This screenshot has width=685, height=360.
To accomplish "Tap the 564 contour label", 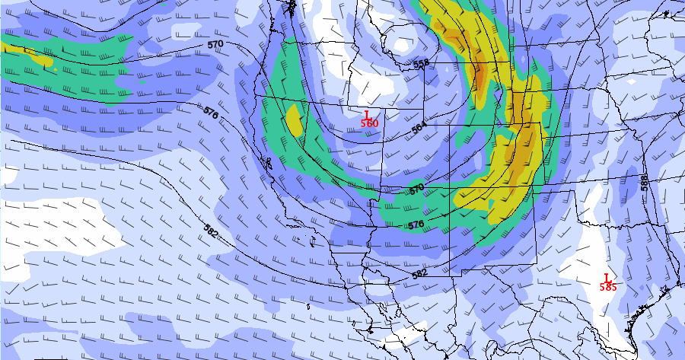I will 419,129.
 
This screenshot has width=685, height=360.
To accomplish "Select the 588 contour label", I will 645,183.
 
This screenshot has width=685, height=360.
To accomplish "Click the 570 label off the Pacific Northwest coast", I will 215,45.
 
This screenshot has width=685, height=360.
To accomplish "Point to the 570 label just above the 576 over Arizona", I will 416,188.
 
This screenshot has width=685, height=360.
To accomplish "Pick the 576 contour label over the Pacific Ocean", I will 211,112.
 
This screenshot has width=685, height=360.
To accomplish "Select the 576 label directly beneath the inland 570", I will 416,225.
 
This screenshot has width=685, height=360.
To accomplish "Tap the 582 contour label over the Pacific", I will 212,228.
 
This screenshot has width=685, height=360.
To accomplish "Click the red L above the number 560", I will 367,114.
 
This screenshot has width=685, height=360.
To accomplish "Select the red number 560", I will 369,123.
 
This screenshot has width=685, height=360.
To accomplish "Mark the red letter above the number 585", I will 607,278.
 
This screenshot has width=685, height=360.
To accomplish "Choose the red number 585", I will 608,287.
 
